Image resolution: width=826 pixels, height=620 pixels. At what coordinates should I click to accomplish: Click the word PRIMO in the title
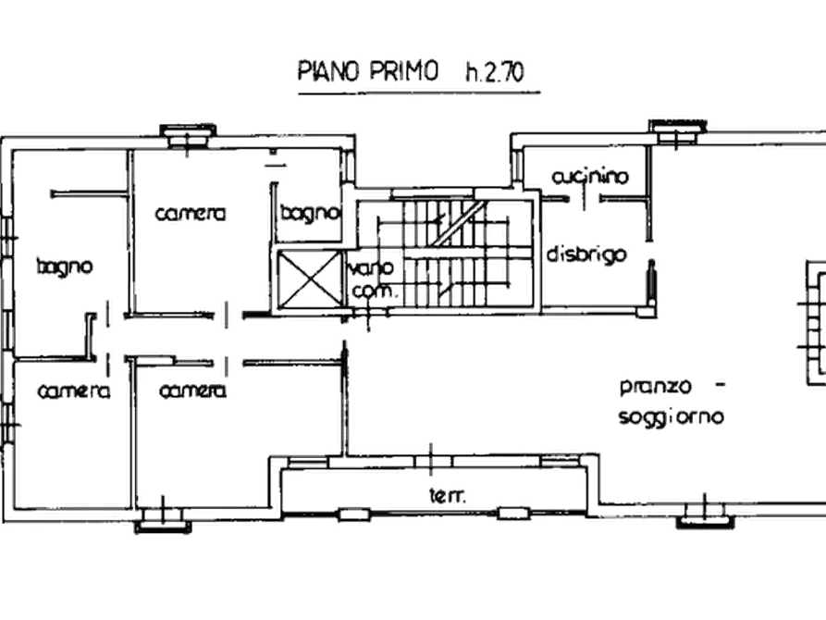pos(401,71)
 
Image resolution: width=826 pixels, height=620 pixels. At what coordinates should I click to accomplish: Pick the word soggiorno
pos(671,417)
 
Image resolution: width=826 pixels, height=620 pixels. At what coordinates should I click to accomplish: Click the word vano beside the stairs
pos(372,267)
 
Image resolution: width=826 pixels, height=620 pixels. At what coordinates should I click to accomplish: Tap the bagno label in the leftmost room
pos(65,267)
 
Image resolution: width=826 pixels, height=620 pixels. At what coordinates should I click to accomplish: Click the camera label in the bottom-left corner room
pos(74,391)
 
